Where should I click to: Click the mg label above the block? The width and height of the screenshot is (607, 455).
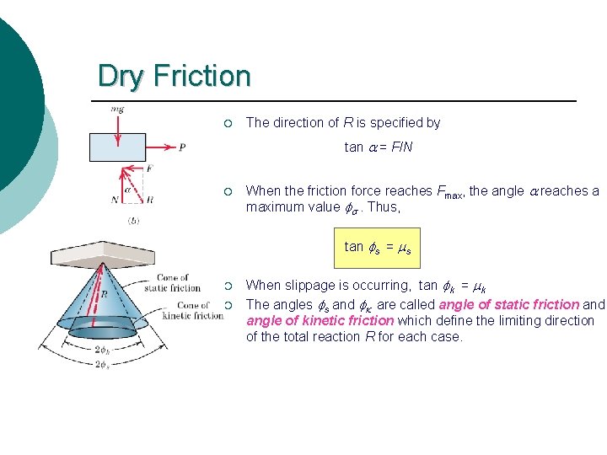[117, 110]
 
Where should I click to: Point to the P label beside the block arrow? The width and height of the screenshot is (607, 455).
[182, 147]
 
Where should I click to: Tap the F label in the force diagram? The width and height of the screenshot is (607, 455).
[148, 169]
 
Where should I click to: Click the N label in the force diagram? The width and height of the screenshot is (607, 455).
[114, 200]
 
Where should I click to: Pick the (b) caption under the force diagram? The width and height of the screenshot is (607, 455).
[133, 221]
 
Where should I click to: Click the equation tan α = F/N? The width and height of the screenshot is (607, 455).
[379, 147]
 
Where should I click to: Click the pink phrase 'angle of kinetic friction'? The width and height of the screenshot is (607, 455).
[320, 320]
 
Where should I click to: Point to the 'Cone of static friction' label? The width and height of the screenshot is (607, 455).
[173, 282]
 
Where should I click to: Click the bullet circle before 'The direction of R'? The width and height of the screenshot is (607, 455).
[228, 123]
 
